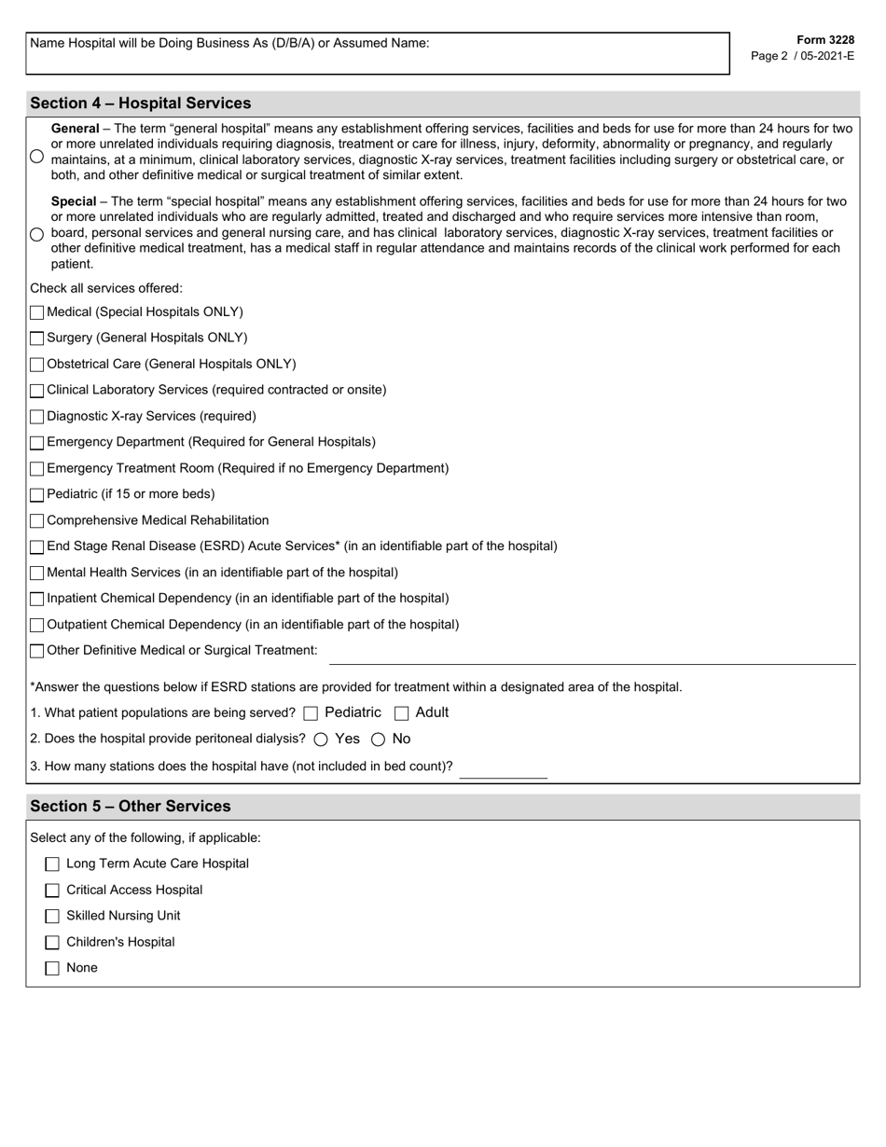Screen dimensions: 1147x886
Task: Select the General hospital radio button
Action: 36,157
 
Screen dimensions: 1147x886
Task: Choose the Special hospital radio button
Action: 36,234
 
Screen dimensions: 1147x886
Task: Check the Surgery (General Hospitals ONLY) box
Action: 37,339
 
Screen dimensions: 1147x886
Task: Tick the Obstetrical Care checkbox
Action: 37,365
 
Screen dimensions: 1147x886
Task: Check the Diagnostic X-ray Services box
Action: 37,417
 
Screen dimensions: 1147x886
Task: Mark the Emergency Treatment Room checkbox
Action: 37,469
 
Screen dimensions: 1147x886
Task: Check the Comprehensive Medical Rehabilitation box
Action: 37,521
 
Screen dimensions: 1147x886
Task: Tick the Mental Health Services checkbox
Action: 37,573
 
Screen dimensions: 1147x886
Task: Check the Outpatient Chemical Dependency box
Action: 37,626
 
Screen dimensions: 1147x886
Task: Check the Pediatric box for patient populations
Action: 311,713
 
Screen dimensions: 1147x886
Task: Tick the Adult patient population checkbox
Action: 402,713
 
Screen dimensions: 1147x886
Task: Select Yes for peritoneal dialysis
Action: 321,739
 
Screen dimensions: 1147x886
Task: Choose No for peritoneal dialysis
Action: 379,739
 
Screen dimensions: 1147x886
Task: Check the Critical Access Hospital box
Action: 52,891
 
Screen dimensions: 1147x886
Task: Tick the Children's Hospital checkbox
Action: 52,943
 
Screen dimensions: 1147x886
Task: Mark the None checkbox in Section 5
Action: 52,969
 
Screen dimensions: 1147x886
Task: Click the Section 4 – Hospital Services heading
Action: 141,103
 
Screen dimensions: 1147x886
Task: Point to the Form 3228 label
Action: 825,40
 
